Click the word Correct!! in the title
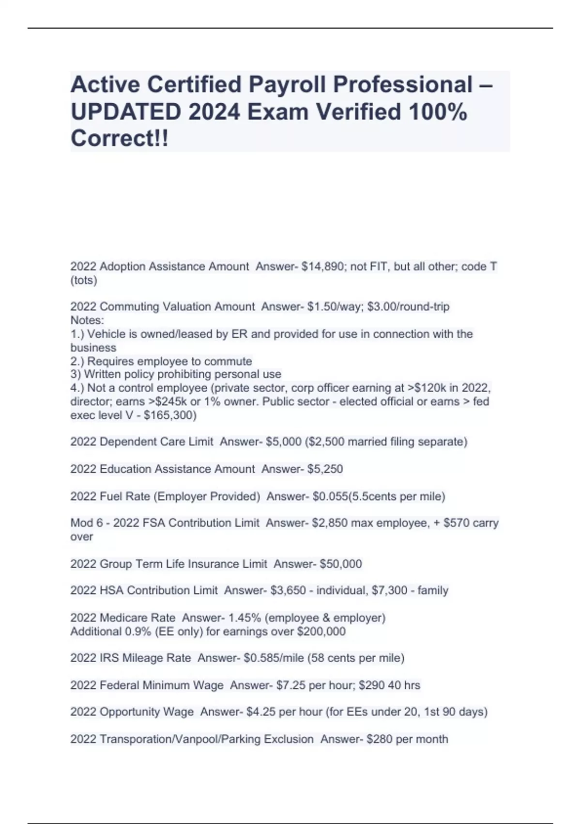120,139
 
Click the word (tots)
84,280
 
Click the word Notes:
87,320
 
